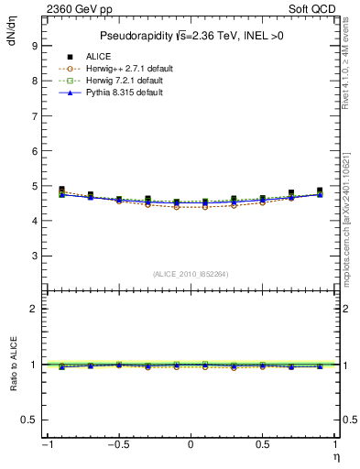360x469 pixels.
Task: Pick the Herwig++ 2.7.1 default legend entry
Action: pyautogui.click(x=122, y=68)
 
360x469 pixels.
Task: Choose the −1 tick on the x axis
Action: pyautogui.click(x=46, y=444)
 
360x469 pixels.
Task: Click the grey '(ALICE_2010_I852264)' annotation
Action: pyautogui.click(x=190, y=273)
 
